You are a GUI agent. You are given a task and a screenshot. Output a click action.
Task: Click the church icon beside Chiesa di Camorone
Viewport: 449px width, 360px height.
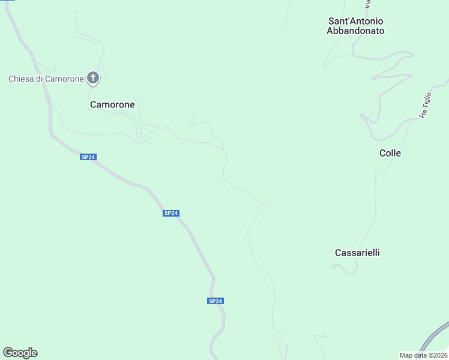(93, 77)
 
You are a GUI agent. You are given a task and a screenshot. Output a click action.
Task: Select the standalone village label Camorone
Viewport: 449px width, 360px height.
(112, 104)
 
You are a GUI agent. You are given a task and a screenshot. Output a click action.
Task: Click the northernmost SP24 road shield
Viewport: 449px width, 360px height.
(88, 157)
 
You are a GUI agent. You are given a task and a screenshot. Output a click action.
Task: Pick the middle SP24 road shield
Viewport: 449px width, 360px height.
(170, 213)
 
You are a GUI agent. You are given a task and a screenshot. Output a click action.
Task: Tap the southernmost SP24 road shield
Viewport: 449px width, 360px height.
(215, 301)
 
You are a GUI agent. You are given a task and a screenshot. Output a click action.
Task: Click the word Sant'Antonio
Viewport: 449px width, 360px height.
(355, 20)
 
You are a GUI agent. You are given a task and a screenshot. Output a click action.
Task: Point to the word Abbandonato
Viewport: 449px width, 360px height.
(355, 31)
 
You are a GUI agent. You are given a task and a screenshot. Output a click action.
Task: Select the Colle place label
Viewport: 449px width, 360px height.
(390, 153)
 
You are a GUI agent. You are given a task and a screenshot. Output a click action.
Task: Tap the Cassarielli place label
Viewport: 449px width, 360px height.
(357, 253)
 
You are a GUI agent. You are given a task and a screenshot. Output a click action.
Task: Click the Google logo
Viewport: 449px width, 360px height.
(20, 352)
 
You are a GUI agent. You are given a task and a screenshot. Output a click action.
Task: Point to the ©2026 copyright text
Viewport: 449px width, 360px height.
(437, 355)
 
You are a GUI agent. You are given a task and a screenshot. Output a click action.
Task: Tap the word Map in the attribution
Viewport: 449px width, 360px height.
(406, 355)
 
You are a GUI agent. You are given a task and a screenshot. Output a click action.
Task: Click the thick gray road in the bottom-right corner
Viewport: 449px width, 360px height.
(435, 336)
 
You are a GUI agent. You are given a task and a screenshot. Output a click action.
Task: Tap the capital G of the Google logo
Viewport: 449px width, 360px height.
(8, 352)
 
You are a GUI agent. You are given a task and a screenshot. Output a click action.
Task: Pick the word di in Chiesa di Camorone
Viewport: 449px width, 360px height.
(42, 79)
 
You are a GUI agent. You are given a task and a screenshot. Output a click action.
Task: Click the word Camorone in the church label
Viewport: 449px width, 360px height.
(65, 79)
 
